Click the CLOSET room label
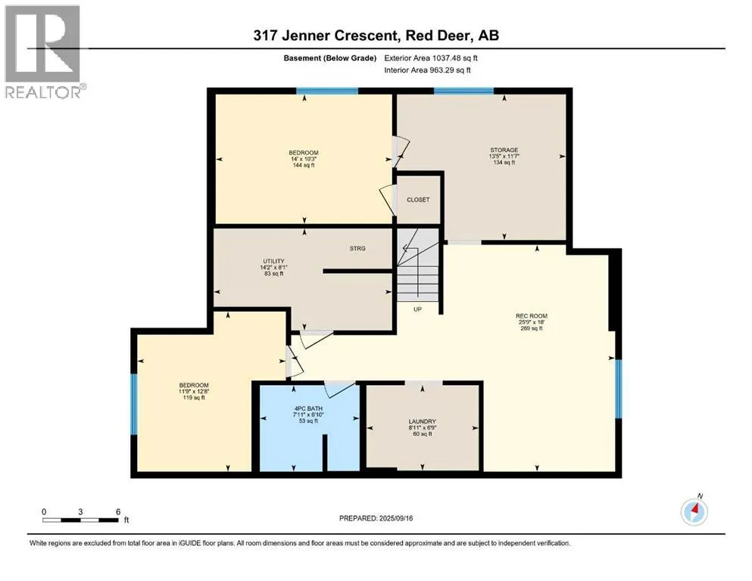click(418, 200)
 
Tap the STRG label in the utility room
click(357, 249)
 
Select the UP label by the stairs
click(418, 309)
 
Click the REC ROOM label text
click(532, 316)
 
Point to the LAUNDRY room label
click(422, 421)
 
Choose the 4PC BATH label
click(308, 409)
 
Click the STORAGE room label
click(504, 150)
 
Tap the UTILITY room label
click(273, 262)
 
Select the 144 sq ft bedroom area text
click(304, 165)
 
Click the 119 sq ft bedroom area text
click(194, 398)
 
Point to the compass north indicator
click(694, 511)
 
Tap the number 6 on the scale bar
click(118, 511)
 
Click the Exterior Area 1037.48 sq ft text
click(431, 58)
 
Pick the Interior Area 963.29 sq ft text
click(427, 70)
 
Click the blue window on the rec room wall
click(618, 389)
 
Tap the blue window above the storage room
click(463, 91)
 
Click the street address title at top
click(376, 36)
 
